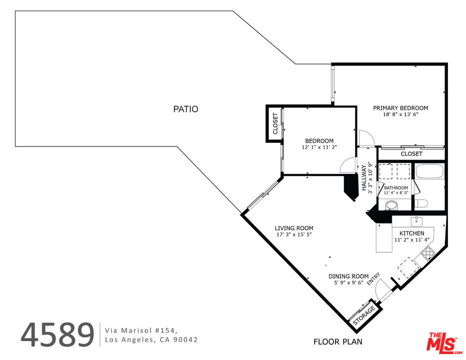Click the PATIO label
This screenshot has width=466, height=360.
coord(185,109)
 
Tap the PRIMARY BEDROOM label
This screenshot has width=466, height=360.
coord(400,108)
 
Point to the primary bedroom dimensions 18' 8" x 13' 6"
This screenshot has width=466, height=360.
coord(400,114)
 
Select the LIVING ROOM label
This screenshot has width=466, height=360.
coord(294,228)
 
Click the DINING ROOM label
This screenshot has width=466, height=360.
coord(348,276)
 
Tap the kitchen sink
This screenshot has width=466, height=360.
coord(417,221)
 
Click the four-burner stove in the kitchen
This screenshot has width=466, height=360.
coord(428,254)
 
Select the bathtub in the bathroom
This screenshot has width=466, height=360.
coord(429,171)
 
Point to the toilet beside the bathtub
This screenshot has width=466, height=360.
coord(421,203)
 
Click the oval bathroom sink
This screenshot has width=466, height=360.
coord(391,205)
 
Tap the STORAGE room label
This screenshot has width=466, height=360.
coord(364,315)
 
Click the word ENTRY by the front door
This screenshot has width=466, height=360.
coord(373,278)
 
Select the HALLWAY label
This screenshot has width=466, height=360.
coord(364,178)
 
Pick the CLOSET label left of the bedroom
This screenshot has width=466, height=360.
coord(275,123)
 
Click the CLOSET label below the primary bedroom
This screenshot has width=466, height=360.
coord(411,153)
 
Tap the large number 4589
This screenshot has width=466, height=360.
coord(57,334)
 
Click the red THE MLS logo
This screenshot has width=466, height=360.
coord(444,343)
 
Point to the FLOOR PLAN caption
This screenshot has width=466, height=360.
coord(338,342)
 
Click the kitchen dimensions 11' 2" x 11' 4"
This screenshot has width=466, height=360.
coord(412,239)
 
